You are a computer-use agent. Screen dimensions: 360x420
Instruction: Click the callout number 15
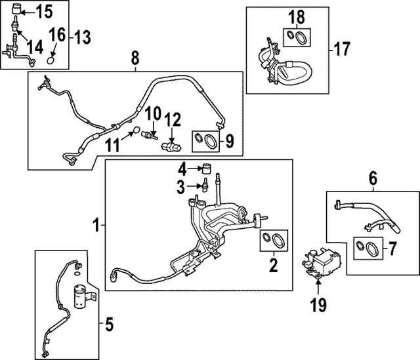(43, 11)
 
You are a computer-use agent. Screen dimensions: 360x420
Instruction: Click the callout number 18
(297, 17)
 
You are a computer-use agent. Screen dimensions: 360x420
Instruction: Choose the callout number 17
(342, 48)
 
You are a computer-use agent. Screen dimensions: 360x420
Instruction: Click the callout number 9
(230, 140)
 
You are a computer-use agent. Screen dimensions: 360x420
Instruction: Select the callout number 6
(372, 178)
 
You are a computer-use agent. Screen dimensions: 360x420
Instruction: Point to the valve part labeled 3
(205, 186)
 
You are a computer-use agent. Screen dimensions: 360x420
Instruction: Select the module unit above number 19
(322, 266)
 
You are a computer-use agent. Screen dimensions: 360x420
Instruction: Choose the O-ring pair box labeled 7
(366, 247)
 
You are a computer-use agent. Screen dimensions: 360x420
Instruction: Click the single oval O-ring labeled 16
(52, 60)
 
